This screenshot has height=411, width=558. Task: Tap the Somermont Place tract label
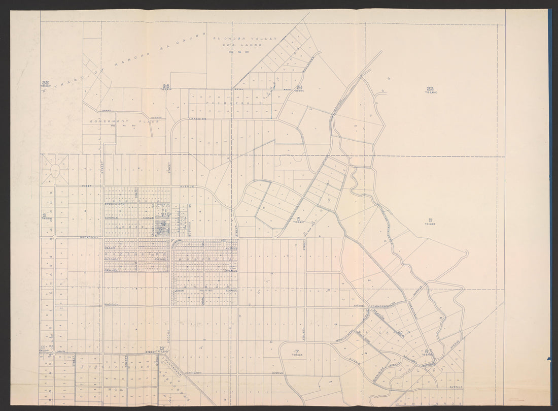click(125, 121)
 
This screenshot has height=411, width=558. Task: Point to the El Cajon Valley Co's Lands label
click(245, 42)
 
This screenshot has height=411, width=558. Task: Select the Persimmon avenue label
click(115, 204)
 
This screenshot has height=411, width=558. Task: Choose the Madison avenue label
click(111, 304)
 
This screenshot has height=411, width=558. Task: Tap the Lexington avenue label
click(193, 373)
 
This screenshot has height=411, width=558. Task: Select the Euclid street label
click(354, 361)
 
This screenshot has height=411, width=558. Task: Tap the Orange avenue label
click(111, 270)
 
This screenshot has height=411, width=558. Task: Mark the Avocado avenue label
click(111, 259)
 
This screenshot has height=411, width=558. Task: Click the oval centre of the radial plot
click(55, 170)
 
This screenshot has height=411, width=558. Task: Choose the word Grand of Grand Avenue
click(107, 110)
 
